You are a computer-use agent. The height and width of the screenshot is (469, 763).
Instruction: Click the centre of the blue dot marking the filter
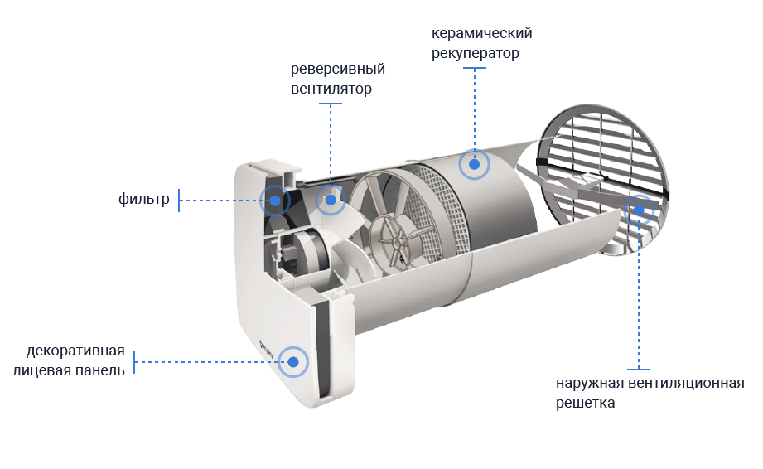tap(275, 201)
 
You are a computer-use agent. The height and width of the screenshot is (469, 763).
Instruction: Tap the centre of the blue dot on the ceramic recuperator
tap(475, 164)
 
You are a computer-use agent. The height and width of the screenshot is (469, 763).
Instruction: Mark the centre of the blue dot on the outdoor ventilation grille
tap(639, 210)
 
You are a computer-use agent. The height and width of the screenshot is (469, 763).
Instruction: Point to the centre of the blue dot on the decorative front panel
tap(293, 362)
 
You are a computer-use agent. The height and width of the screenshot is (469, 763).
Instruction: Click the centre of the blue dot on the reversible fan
tap(331, 200)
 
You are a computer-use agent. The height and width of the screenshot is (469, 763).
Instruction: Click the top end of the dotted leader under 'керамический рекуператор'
tap(475, 68)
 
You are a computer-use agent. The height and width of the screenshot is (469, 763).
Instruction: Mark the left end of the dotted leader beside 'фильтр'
tap(179, 201)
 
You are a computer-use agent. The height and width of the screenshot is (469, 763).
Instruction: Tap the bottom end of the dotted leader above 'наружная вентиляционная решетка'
tap(639, 370)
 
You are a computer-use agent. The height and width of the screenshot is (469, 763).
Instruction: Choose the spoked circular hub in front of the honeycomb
tap(395, 241)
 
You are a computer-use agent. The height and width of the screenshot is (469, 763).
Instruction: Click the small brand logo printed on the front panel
tap(266, 350)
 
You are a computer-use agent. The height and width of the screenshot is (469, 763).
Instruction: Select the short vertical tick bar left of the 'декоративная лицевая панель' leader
tap(134, 362)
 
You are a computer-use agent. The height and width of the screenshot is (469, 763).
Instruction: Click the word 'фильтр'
tap(144, 199)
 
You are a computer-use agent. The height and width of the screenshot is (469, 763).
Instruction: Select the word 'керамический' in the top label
tap(481, 33)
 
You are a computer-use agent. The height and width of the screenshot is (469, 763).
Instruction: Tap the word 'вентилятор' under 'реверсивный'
tap(331, 89)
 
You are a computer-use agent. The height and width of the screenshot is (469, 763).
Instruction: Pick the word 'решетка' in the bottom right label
tap(586, 403)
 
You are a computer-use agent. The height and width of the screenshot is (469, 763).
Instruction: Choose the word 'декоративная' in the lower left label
tap(75, 351)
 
